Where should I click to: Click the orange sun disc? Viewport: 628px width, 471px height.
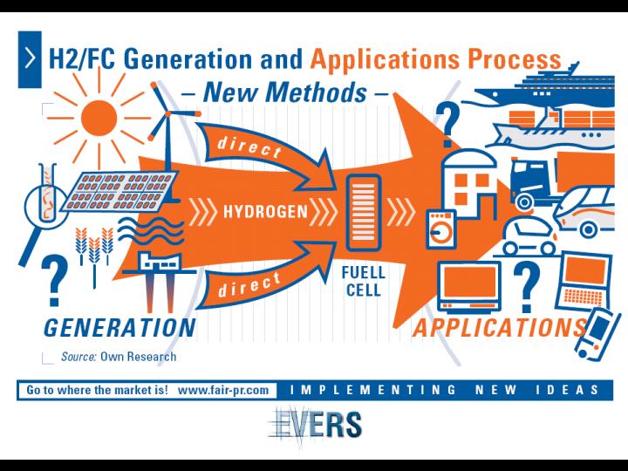99,118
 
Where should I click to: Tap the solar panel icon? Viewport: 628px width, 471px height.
119,192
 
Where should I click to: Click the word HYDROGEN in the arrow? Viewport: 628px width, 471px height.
265,211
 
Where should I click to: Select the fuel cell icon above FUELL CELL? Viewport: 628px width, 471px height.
363,213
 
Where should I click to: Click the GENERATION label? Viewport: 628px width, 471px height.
119,328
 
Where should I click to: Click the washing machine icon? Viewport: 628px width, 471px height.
440,229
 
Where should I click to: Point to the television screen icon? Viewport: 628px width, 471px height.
469,286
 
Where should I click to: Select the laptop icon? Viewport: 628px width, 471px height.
584,280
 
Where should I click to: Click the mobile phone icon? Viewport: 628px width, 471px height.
597,334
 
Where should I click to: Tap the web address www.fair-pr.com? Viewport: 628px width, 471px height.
223,390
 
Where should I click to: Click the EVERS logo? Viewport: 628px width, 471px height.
315,426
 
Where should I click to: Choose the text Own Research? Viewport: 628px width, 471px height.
138,357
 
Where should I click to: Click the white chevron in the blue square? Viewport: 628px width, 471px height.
30,59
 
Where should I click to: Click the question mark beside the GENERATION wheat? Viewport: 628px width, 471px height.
54,280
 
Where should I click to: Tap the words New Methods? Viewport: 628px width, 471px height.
284,92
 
